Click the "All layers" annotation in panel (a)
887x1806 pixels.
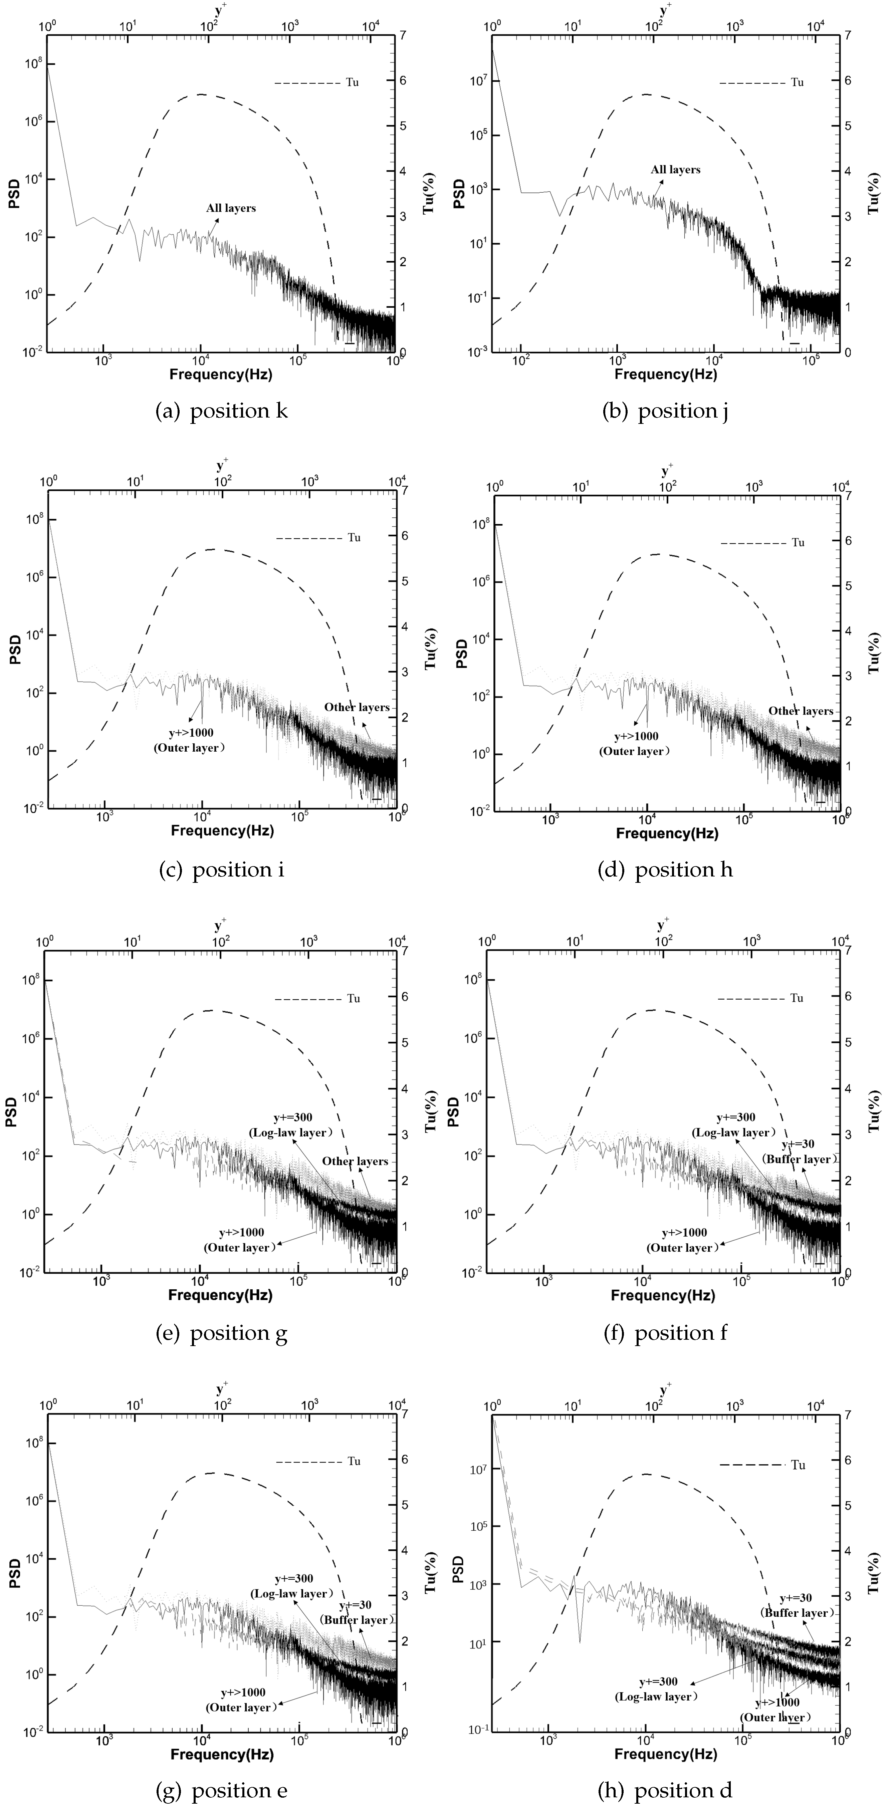tap(231, 208)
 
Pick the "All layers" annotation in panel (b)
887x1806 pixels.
tap(675, 170)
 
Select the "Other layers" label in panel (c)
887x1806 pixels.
tap(356, 707)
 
